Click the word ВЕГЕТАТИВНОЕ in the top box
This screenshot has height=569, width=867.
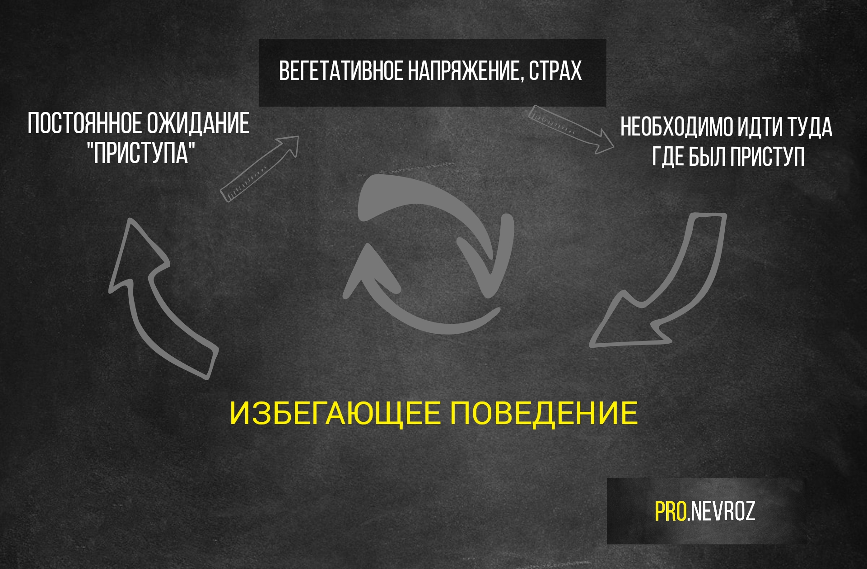pos(341,71)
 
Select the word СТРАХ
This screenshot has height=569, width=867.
pos(555,71)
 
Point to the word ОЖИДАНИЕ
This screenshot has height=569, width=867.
pos(198,124)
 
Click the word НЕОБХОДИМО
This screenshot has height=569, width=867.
pos(677,127)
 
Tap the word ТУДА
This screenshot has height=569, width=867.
pos(810,127)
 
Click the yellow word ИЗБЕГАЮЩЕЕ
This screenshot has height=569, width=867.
pos(335,413)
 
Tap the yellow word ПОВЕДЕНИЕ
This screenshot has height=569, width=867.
pos(544,413)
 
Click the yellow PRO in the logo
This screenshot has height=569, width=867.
pos(671,511)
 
